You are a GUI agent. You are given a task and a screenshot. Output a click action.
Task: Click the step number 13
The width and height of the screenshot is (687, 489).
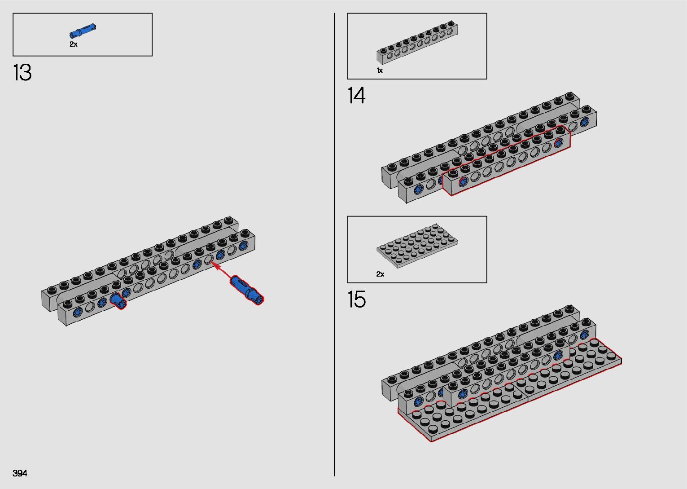coord(22,72)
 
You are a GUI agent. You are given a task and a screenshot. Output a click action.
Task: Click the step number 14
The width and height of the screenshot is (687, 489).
coord(356,95)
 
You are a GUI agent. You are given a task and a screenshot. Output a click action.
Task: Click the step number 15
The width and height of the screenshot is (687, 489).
coord(356,300)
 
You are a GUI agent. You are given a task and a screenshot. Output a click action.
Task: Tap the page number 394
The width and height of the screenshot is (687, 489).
coord(20,473)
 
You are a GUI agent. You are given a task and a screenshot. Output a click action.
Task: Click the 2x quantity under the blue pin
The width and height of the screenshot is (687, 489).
coord(73,44)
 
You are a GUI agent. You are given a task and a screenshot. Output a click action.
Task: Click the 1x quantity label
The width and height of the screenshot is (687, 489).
coord(380,70)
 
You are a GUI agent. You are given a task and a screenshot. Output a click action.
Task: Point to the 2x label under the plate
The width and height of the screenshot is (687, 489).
coord(381,274)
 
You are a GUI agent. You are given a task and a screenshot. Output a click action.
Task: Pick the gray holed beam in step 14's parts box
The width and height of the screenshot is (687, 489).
coord(417,42)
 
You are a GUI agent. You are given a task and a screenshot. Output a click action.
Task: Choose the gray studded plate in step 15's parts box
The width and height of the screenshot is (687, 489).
coord(417,246)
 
